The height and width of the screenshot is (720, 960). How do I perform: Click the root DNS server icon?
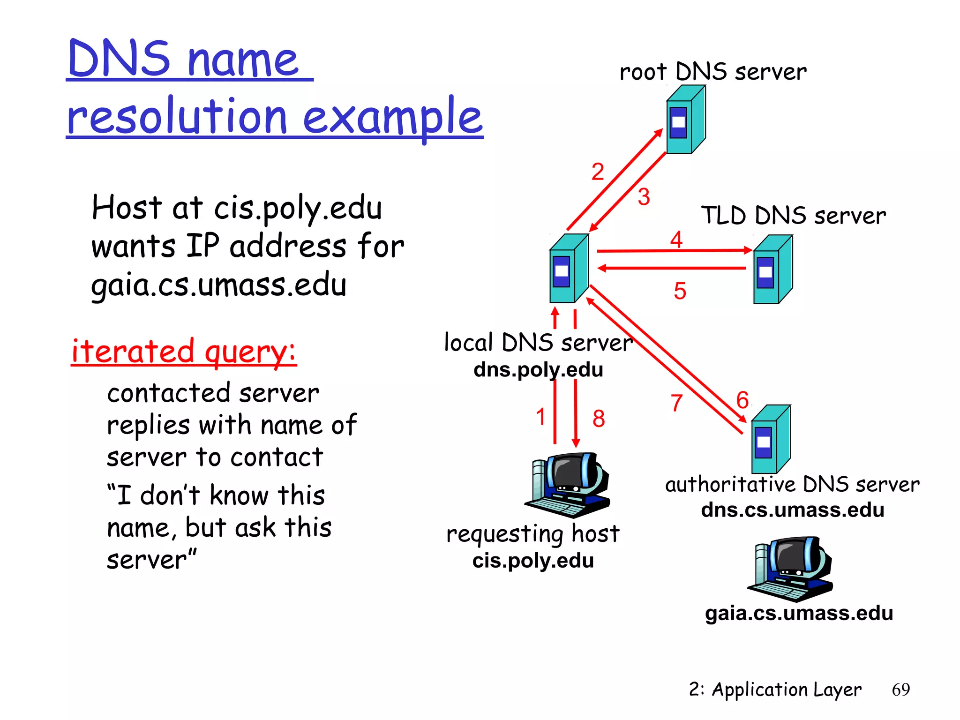click(x=685, y=120)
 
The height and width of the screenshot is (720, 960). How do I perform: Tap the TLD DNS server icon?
click(x=772, y=270)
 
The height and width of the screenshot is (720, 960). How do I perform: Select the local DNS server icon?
click(x=569, y=269)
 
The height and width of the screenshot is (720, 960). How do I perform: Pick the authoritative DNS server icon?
click(x=771, y=440)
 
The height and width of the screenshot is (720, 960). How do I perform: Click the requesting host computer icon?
click(x=567, y=485)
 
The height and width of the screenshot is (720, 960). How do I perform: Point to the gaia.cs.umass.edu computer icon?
click(x=790, y=569)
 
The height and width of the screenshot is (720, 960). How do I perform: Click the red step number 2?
click(x=597, y=172)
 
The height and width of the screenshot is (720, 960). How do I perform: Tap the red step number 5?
click(x=680, y=291)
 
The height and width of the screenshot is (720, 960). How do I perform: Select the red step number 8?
click(x=599, y=419)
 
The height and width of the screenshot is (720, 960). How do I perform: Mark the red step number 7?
click(x=676, y=403)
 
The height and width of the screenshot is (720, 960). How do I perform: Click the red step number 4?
click(x=676, y=240)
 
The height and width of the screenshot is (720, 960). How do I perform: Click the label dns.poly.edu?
click(x=538, y=370)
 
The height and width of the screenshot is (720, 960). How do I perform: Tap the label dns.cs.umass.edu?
click(x=792, y=510)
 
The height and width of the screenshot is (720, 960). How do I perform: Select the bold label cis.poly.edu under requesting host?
click(x=533, y=561)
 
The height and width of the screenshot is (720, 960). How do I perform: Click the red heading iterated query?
click(x=184, y=352)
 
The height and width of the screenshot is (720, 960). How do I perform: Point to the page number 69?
click(x=900, y=690)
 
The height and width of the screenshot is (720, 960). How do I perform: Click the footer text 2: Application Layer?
click(x=775, y=690)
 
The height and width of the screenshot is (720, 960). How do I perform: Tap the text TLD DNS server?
click(x=793, y=216)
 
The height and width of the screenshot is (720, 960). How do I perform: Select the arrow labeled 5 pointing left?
click(x=671, y=268)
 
